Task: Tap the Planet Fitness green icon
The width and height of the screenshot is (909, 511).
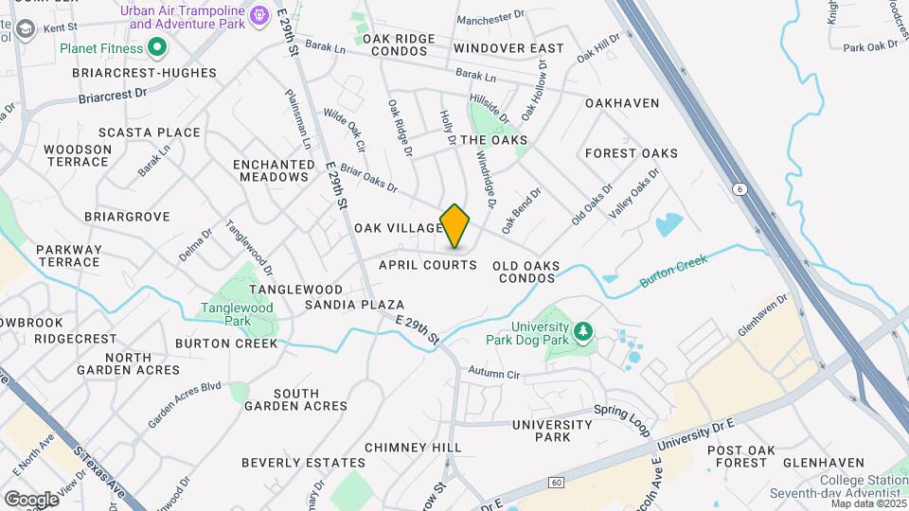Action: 157,47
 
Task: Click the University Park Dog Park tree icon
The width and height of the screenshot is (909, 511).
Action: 584,330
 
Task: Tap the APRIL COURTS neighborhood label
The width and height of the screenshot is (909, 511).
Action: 428,265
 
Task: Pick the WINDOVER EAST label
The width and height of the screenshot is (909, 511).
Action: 508,48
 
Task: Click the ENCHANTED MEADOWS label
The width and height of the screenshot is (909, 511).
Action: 274,170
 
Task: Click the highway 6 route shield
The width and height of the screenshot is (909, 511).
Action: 738,189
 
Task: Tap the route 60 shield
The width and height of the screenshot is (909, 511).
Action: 556,484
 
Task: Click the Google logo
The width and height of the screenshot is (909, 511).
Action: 31,499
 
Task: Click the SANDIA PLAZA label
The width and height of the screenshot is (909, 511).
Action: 354,305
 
